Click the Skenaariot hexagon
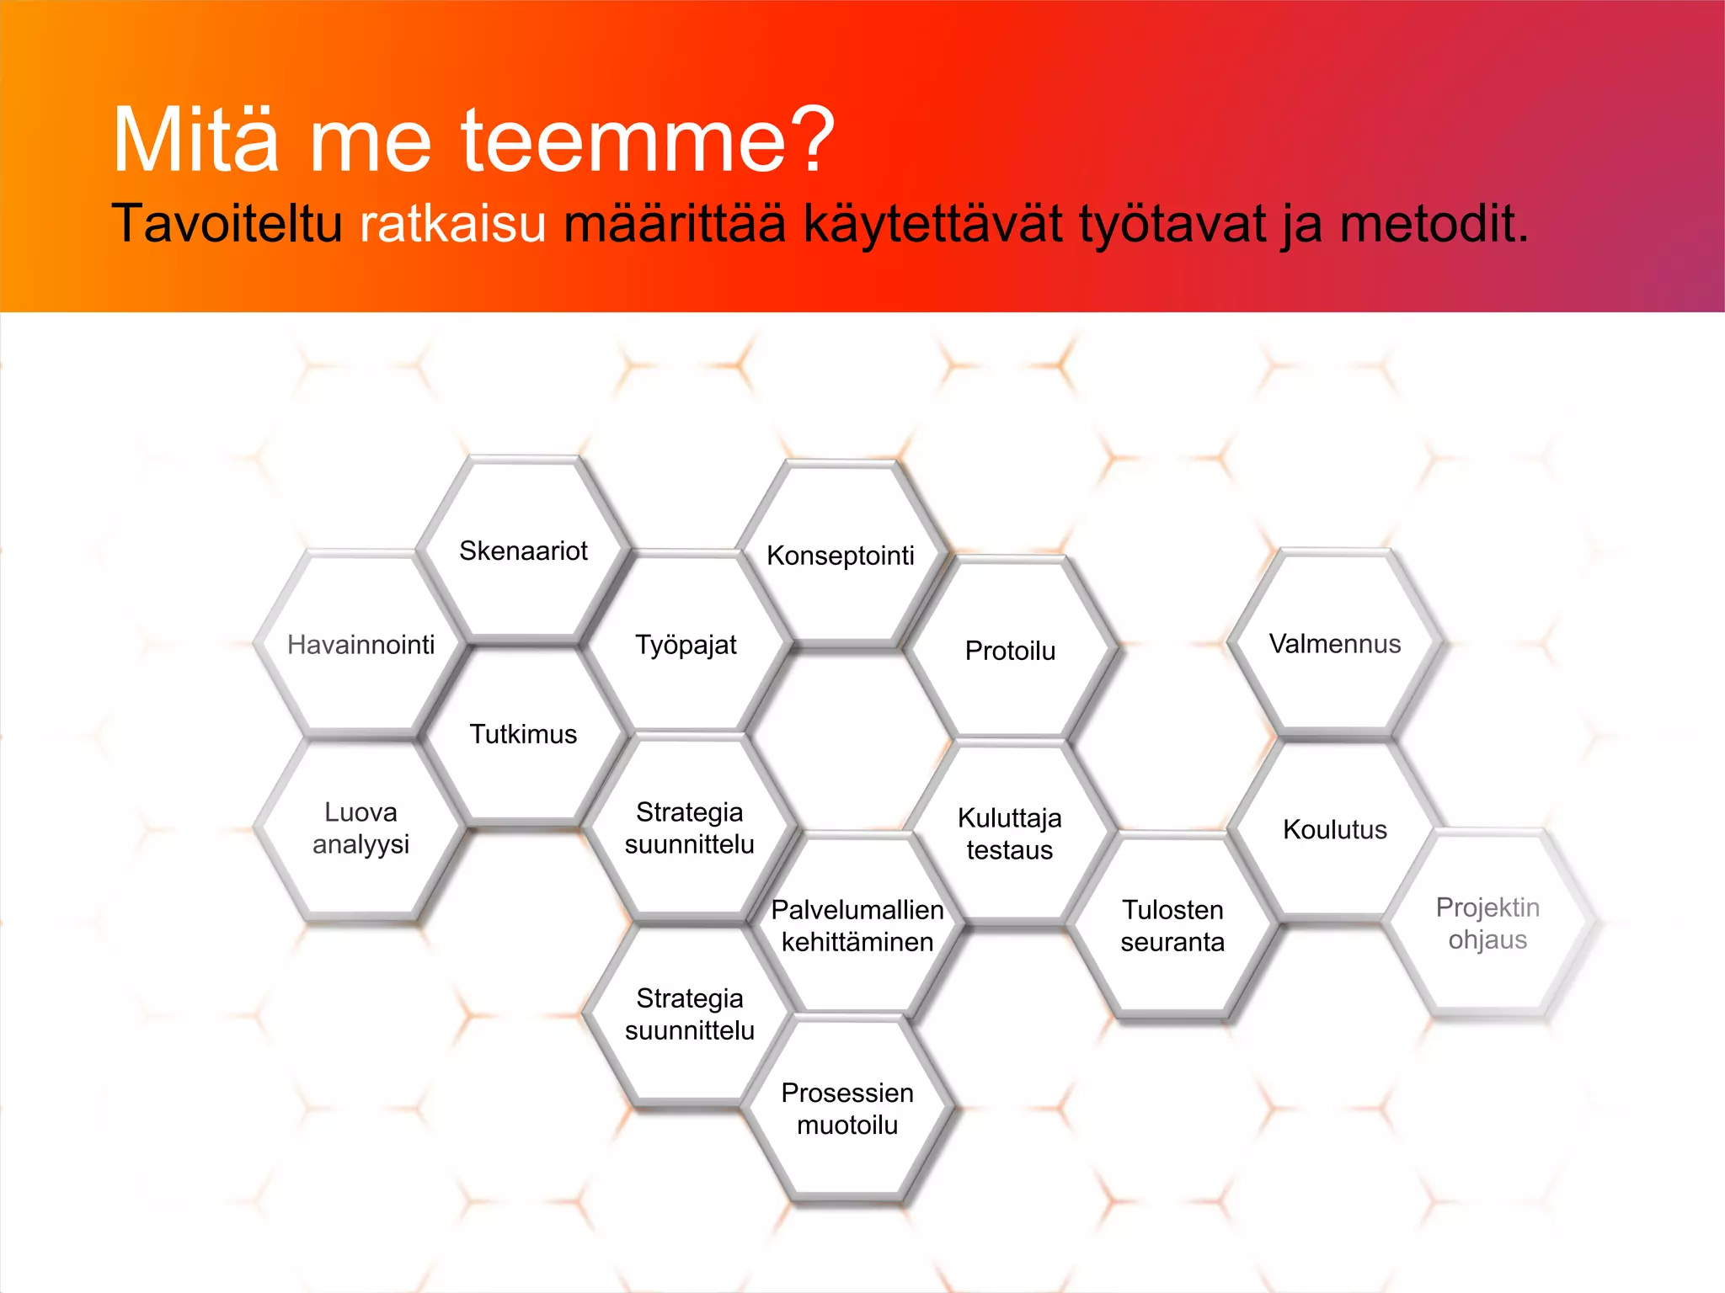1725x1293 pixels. [523, 551]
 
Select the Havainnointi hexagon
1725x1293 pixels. [360, 645]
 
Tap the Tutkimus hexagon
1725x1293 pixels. [523, 734]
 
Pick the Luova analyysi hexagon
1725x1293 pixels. [360, 828]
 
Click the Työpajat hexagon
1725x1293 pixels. [686, 645]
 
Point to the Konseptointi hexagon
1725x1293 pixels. [841, 556]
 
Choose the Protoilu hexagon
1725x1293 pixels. [1010, 651]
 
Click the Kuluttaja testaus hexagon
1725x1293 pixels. [1010, 833]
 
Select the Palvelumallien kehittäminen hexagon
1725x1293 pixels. [857, 925]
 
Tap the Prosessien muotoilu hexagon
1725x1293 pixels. [847, 1109]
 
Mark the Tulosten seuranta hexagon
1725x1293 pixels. [1172, 925]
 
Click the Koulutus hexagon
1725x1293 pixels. [1335, 829]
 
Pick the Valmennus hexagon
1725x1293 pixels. [1335, 644]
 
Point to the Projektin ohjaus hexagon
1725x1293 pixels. [1487, 923]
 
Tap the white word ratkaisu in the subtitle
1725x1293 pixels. [453, 225]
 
